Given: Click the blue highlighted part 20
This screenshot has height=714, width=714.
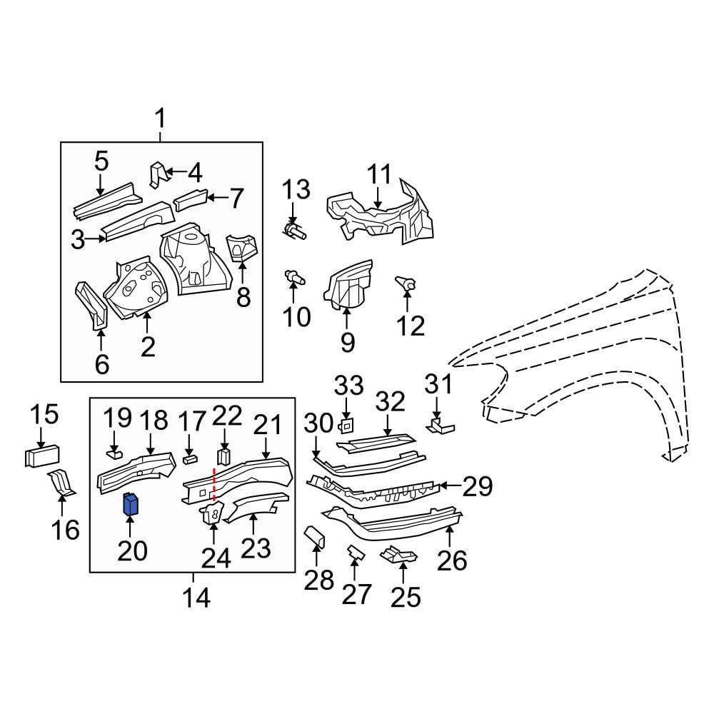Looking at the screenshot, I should click(x=131, y=504).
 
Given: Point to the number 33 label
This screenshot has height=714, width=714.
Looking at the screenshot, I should click(x=349, y=386).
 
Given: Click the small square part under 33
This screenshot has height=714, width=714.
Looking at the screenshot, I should click(x=346, y=426).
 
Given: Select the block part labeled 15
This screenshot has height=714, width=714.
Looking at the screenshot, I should click(x=41, y=456).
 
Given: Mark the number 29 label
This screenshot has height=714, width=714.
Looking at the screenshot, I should click(x=478, y=487).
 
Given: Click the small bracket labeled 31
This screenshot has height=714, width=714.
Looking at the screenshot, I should click(x=439, y=427).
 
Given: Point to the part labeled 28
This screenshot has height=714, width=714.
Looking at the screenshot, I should click(x=315, y=537).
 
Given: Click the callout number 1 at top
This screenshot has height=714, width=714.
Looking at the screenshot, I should click(x=160, y=117).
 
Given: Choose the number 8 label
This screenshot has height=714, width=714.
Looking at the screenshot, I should click(x=243, y=296).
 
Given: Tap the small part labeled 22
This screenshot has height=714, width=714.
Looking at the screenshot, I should click(x=224, y=456).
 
